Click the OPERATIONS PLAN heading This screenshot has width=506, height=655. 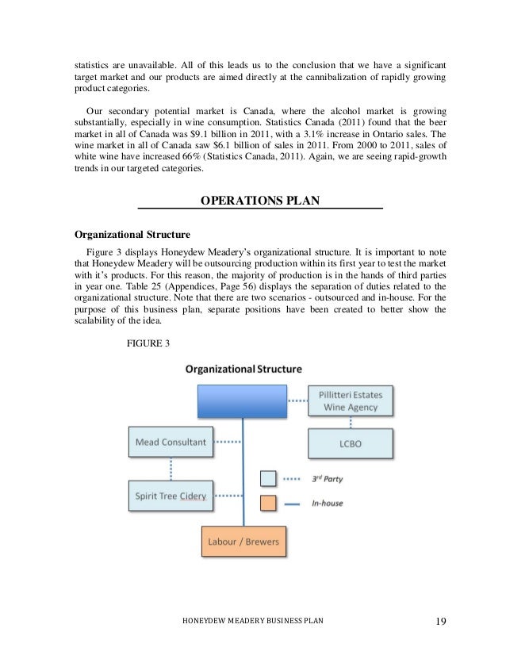tap(260, 201)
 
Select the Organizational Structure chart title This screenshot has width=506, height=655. tap(243, 369)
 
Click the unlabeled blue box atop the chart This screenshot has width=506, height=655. tap(242, 401)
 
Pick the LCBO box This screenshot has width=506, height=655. tap(350, 443)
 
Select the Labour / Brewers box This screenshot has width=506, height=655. tap(243, 542)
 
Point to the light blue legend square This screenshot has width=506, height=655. tap(269, 479)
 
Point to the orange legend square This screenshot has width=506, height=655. tap(269, 503)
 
